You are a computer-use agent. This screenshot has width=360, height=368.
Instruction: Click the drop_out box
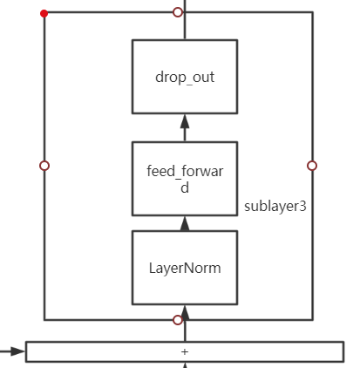(184, 77)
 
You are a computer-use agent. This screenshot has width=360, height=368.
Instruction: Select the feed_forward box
(184, 179)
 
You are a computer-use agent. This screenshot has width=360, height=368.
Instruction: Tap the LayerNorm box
(184, 268)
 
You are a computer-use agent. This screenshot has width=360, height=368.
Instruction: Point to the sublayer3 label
(275, 207)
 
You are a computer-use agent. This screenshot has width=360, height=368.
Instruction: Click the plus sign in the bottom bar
(184, 351)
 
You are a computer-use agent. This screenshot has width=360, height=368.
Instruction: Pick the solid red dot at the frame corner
(44, 13)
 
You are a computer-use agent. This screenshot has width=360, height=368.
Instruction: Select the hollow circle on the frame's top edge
(178, 12)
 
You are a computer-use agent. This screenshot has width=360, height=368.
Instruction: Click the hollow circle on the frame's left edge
(44, 166)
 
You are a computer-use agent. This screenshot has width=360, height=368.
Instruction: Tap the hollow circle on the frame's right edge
(312, 166)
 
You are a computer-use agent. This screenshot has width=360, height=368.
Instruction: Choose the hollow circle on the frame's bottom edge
(178, 320)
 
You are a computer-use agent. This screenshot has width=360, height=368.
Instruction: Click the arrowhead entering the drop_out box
(184, 121)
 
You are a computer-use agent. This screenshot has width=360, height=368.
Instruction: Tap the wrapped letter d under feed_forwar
(184, 187)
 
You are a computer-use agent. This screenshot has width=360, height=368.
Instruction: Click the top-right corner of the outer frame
(312, 12)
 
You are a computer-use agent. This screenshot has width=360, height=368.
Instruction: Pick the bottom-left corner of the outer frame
(44, 320)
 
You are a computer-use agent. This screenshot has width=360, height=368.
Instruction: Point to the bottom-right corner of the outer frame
(312, 320)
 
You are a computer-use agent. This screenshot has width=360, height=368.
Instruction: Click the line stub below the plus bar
(184, 365)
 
